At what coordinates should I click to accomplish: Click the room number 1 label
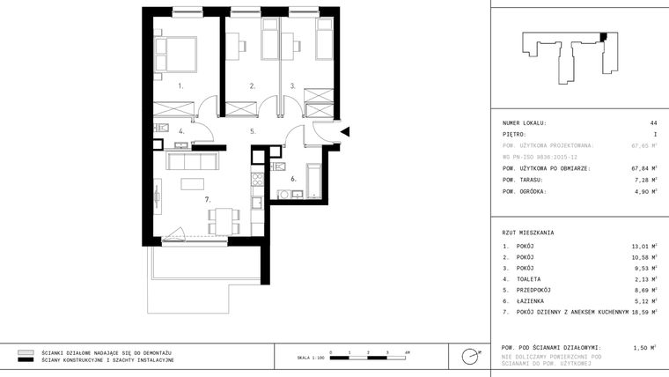click(x=180, y=86)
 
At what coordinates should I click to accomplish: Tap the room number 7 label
click(x=208, y=200)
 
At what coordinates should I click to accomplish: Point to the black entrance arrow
click(x=345, y=132)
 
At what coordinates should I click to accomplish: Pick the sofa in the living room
click(x=193, y=161)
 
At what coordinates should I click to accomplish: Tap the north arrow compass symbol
click(x=471, y=357)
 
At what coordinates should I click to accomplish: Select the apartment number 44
click(x=653, y=122)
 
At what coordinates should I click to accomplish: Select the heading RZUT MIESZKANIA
click(x=528, y=232)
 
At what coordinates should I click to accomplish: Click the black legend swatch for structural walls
click(x=26, y=360)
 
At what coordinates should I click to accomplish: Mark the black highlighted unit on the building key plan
click(x=603, y=37)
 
